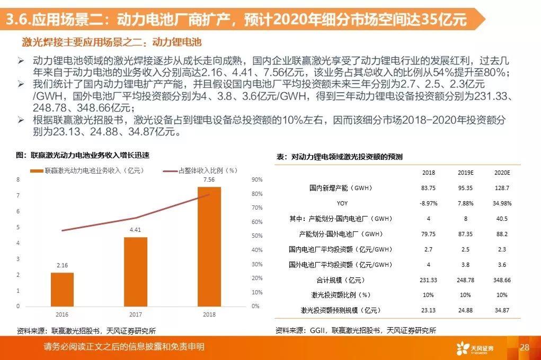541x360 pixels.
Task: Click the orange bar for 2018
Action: pyautogui.click(x=209, y=247)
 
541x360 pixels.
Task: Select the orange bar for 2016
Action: pyautogui.click(x=62, y=289)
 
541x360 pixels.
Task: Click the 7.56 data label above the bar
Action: pyautogui.click(x=209, y=179)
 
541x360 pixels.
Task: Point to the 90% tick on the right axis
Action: pyautogui.click(x=256, y=180)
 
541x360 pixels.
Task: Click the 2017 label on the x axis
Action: pyautogui.click(x=136, y=314)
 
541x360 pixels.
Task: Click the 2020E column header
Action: pyautogui.click(x=501, y=173)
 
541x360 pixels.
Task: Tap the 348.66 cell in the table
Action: pyautogui.click(x=501, y=280)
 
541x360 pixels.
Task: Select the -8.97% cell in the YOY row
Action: pyautogui.click(x=428, y=203)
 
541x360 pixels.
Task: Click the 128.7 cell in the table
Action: pyautogui.click(x=501, y=188)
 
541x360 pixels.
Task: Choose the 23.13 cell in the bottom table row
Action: pyautogui.click(x=428, y=310)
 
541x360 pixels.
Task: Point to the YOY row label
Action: pyautogui.click(x=342, y=203)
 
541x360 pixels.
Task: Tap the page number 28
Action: pyautogui.click(x=525, y=347)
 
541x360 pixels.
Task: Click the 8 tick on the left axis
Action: pyautogui.click(x=19, y=180)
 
